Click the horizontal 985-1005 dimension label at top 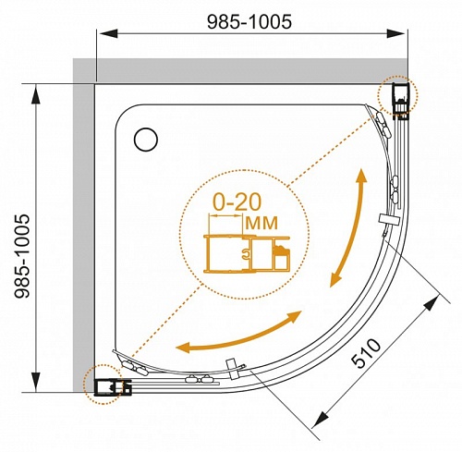point(249,22)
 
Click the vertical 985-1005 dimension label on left point(22,256)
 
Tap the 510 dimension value point(366,353)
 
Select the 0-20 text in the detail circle point(237,202)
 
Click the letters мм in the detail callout point(261,223)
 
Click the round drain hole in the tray point(146,140)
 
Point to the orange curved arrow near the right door point(348,227)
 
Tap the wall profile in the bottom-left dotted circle point(113,387)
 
